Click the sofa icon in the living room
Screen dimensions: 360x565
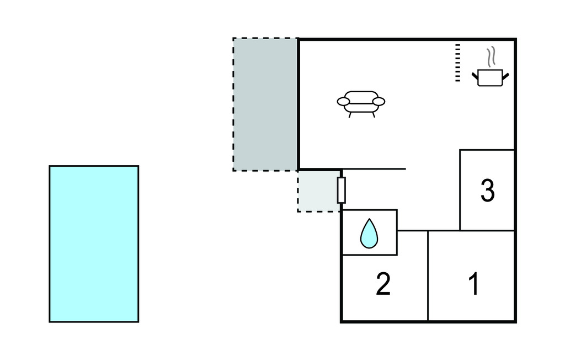[x=361, y=102]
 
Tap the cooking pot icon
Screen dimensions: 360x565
[x=490, y=77]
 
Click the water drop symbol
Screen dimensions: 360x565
[x=369, y=234]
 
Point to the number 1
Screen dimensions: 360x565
[x=473, y=284]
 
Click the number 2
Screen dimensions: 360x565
[x=383, y=284]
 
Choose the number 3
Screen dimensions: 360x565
[x=487, y=190]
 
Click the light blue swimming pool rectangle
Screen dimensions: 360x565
[x=94, y=243]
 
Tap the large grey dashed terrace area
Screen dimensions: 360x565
[x=265, y=104]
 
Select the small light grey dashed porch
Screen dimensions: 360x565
[x=317, y=191]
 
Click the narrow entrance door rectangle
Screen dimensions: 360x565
[x=342, y=190]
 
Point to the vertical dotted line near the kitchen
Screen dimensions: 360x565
[x=457, y=63]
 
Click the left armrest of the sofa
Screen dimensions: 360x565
[x=343, y=102]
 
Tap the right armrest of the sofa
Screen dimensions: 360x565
[x=379, y=102]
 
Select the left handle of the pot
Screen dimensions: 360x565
[x=475, y=75]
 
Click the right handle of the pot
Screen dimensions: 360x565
[x=505, y=75]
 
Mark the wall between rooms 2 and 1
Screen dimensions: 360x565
[x=428, y=276]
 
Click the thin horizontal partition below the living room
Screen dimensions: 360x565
[x=375, y=169]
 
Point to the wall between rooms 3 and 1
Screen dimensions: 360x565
[x=487, y=230]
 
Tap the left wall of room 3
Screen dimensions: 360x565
[x=460, y=189]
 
